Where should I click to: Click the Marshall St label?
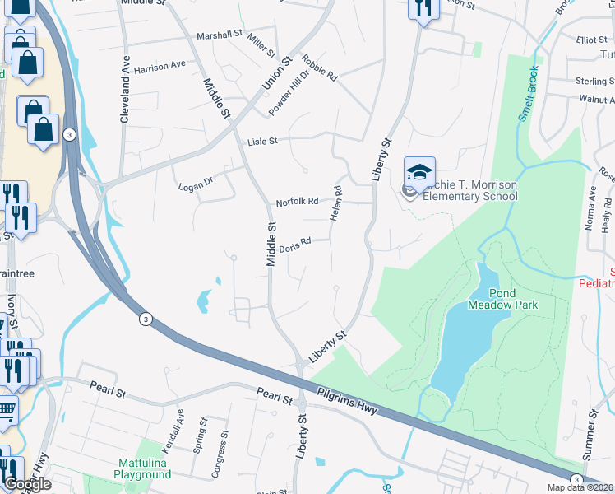point(220,36)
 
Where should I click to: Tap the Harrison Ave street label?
point(160,66)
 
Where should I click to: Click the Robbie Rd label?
point(319,68)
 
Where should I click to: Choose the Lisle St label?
point(263,142)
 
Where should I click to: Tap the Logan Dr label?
point(196,186)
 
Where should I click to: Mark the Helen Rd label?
point(336,203)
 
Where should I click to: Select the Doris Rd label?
point(294,245)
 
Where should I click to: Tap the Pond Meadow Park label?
point(502,298)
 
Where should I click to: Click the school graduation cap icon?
point(419,173)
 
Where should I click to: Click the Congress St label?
point(217,455)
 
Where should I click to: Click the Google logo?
point(27,484)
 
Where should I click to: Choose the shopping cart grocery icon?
point(7,409)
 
